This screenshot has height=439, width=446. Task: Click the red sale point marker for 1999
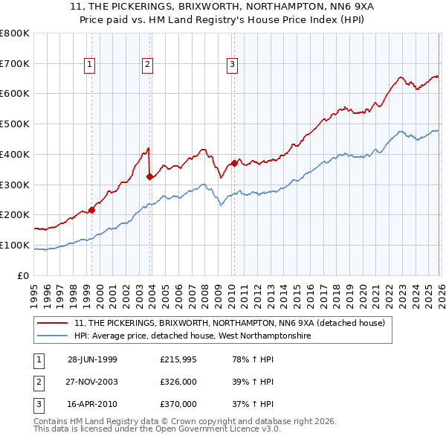click(x=92, y=210)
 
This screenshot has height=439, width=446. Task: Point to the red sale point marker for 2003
click(x=150, y=176)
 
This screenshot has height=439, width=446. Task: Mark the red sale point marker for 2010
click(x=234, y=163)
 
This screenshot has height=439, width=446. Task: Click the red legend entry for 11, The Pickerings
click(x=229, y=323)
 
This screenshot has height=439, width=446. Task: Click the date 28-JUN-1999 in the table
click(x=92, y=359)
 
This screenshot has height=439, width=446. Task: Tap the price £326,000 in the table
click(x=178, y=382)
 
